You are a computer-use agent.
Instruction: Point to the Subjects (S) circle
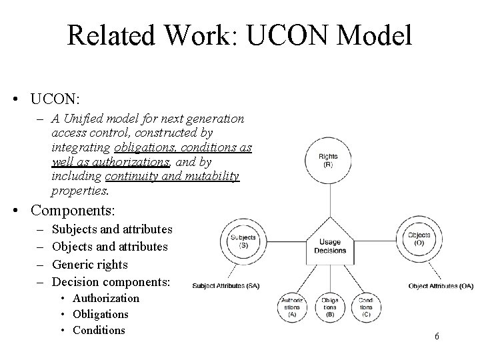243,241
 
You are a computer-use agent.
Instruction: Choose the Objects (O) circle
418,239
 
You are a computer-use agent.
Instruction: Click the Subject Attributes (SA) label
225,286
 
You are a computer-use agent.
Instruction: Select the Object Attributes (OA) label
441,286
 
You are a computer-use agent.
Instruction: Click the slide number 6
437,336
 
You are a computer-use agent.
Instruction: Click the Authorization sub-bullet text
106,298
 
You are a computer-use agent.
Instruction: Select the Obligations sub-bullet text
101,314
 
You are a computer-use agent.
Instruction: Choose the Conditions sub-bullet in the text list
99,330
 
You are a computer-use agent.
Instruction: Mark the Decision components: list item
111,281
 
